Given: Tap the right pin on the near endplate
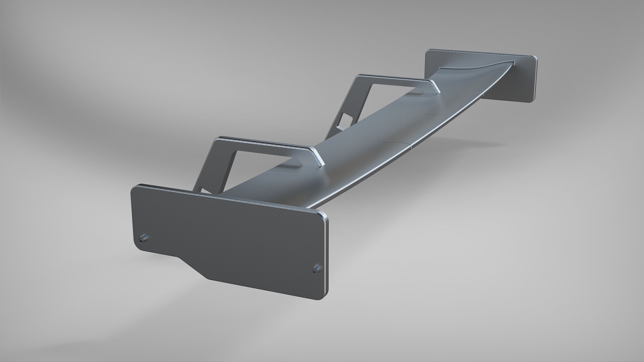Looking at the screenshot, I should click(x=316, y=268).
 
